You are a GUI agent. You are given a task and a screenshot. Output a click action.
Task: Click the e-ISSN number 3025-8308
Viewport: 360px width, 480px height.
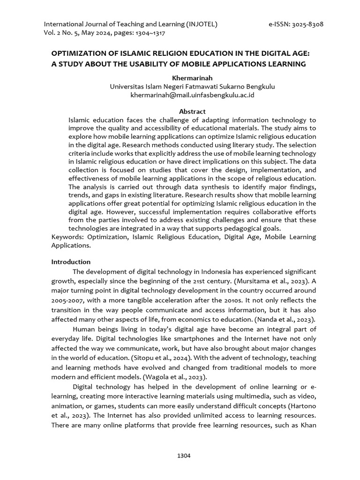pos(307,24)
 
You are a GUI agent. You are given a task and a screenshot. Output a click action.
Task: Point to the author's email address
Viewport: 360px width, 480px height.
pos(192,95)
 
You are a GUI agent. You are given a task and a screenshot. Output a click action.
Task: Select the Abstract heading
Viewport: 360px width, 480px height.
pos(192,112)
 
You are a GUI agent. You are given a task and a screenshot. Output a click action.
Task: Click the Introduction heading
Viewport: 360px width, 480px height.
pos(71,262)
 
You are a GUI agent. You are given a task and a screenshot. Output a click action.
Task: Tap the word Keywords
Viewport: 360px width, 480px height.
pos(66,237)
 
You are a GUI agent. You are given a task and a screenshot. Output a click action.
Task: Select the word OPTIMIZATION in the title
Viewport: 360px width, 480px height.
pos(79,54)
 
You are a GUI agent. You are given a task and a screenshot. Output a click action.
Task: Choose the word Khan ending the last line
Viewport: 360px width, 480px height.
pos(307,426)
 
